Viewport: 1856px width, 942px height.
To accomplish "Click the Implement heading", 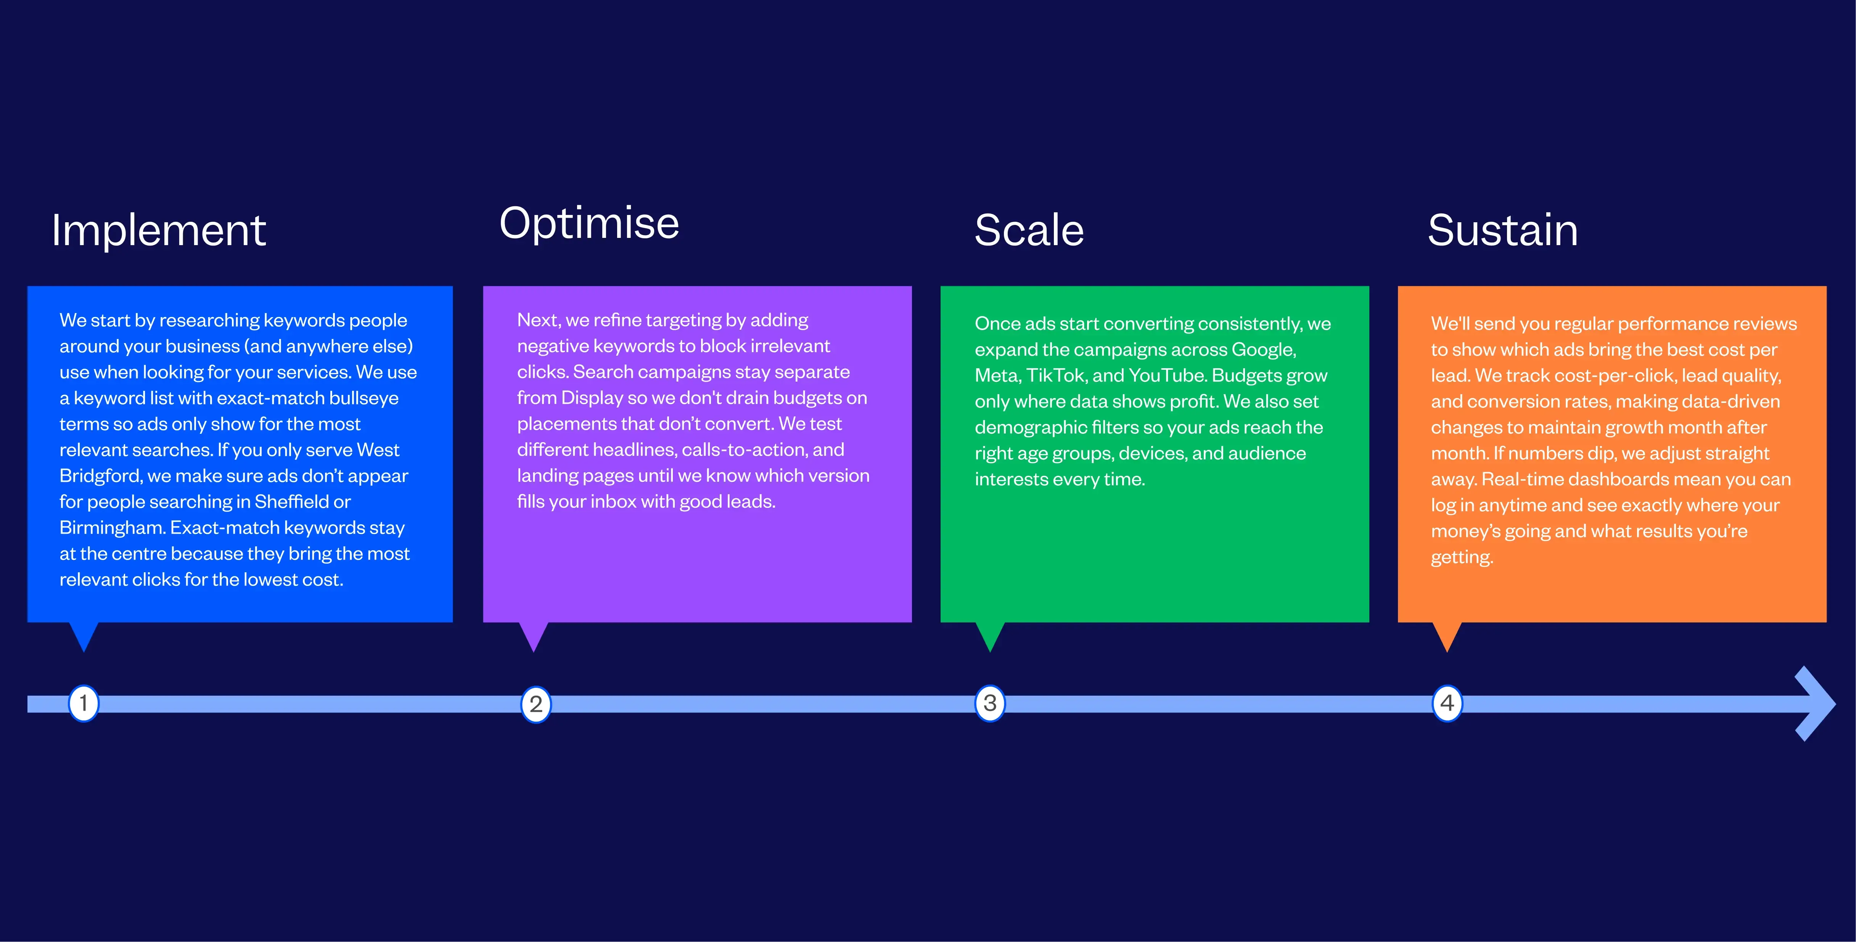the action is tap(159, 231).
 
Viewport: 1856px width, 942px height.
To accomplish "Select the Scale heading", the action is tap(1029, 231).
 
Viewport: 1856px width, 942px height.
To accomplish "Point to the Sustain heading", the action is tap(1503, 231).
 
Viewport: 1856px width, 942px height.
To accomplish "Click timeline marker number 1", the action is tap(84, 703).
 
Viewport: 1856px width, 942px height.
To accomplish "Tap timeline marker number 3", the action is tap(990, 703).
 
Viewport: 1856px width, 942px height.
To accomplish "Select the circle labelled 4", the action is tap(1447, 703).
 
